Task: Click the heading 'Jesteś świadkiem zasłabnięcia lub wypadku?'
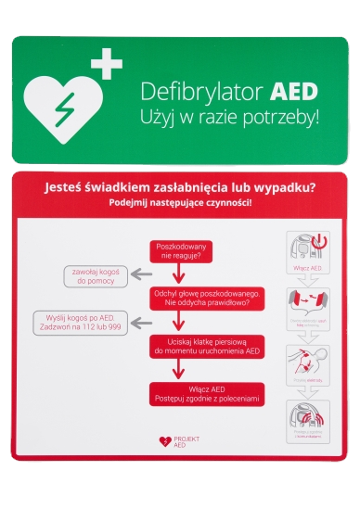(180, 187)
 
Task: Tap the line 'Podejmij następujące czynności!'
(180, 202)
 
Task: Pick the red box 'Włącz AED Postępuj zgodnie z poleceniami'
(211, 394)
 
